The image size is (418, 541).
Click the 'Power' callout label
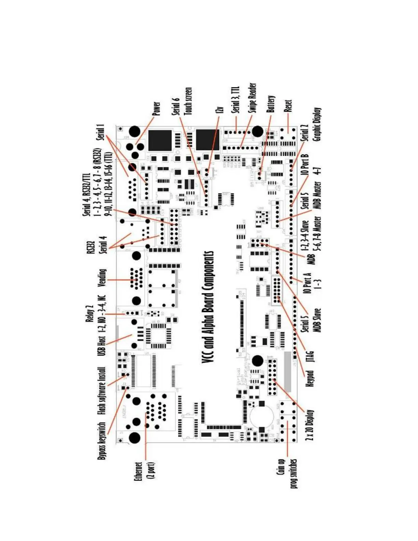156,108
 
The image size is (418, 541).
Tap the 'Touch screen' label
188,101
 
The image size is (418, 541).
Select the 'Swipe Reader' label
252,98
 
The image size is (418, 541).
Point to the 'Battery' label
270,104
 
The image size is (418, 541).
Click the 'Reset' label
288,106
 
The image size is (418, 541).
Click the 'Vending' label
102,278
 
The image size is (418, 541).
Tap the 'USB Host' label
101,346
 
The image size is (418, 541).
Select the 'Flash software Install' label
101,391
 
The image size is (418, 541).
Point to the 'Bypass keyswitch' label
101,441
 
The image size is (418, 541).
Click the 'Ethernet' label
138,472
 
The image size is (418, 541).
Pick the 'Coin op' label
281,467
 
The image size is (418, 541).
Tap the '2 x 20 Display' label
309,425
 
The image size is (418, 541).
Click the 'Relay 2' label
90,313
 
